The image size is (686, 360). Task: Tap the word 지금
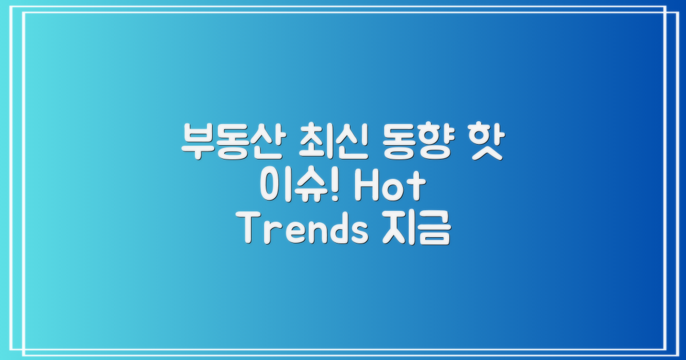tap(413, 231)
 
